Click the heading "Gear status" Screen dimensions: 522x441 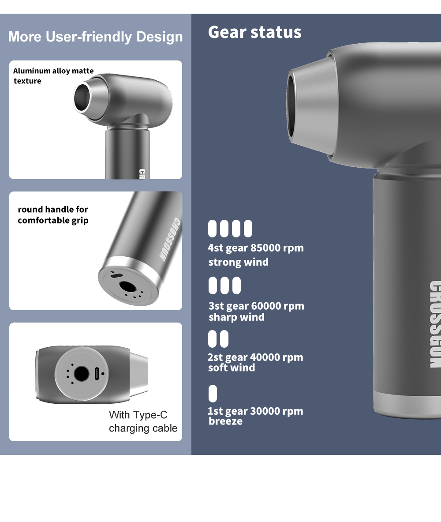pos(254,32)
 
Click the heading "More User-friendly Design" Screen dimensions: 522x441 pos(95,37)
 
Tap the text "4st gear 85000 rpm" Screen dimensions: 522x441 pos(256,248)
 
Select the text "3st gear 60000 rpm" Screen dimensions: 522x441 pos(256,306)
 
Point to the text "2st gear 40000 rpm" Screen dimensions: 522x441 pos(255,357)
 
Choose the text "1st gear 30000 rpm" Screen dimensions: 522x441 pos(255,411)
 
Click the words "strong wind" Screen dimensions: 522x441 pos(238,262)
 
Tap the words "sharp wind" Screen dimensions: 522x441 pos(236,317)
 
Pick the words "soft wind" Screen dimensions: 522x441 pos(232,368)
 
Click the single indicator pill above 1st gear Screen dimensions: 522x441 pos(213,394)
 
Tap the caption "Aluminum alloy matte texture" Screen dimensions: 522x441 pos(53,76)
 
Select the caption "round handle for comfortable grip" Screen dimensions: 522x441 pos(53,215)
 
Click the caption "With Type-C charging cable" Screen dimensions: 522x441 pos(143,421)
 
